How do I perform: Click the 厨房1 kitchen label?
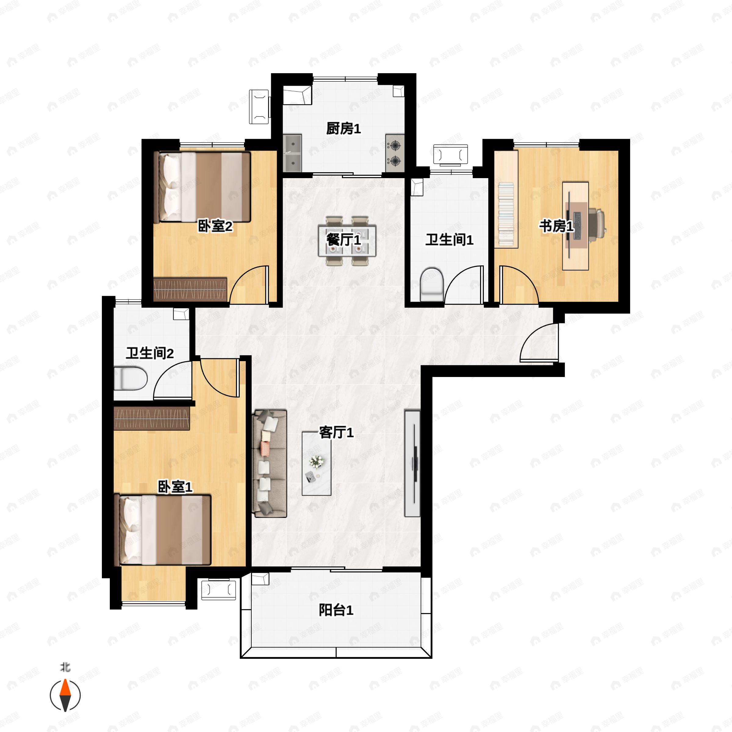pos(343,129)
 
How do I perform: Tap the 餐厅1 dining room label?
pos(343,239)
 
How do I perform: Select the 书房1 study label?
pos(556,226)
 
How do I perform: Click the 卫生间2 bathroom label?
pos(150,353)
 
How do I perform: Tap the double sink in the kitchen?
pos(292,153)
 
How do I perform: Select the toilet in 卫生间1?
pos(432,284)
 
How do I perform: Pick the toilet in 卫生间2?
pos(130,378)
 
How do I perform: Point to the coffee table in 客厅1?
pos(316,463)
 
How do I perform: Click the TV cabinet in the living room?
pos(412,463)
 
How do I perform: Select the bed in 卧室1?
pos(165,530)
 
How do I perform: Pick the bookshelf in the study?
pos(506,199)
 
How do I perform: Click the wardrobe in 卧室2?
pos(190,289)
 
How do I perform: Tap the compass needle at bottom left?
pos(65,695)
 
